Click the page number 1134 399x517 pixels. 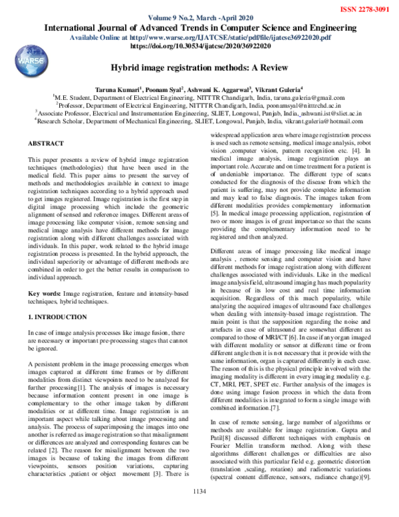(199, 510)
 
